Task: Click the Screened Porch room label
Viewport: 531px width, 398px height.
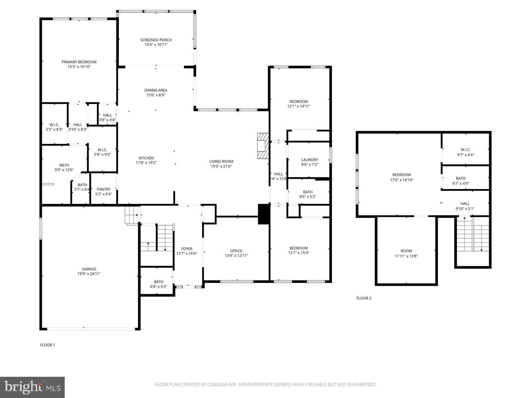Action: tap(156, 40)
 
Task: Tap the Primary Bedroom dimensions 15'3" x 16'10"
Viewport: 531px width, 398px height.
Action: tap(79, 67)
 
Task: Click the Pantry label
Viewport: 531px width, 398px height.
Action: tap(104, 189)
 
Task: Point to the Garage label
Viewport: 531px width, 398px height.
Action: tap(89, 269)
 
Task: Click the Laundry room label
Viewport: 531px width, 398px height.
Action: tap(310, 160)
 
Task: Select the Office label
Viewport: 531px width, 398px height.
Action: tap(236, 251)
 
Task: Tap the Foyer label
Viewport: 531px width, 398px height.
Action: tap(187, 249)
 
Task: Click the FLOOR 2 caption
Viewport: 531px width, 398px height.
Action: tap(364, 298)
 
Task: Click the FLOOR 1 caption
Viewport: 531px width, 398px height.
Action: tap(47, 345)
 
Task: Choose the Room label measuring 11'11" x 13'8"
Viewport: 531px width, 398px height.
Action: tap(406, 251)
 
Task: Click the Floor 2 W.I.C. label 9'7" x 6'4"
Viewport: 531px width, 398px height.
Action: tap(465, 150)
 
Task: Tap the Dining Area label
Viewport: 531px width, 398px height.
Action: tap(156, 90)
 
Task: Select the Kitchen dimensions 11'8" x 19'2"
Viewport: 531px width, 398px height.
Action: tap(146, 163)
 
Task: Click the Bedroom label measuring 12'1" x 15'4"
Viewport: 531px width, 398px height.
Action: tap(298, 248)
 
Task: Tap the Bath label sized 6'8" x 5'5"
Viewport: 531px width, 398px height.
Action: tap(158, 282)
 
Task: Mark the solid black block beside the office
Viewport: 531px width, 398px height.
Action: tap(264, 214)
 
